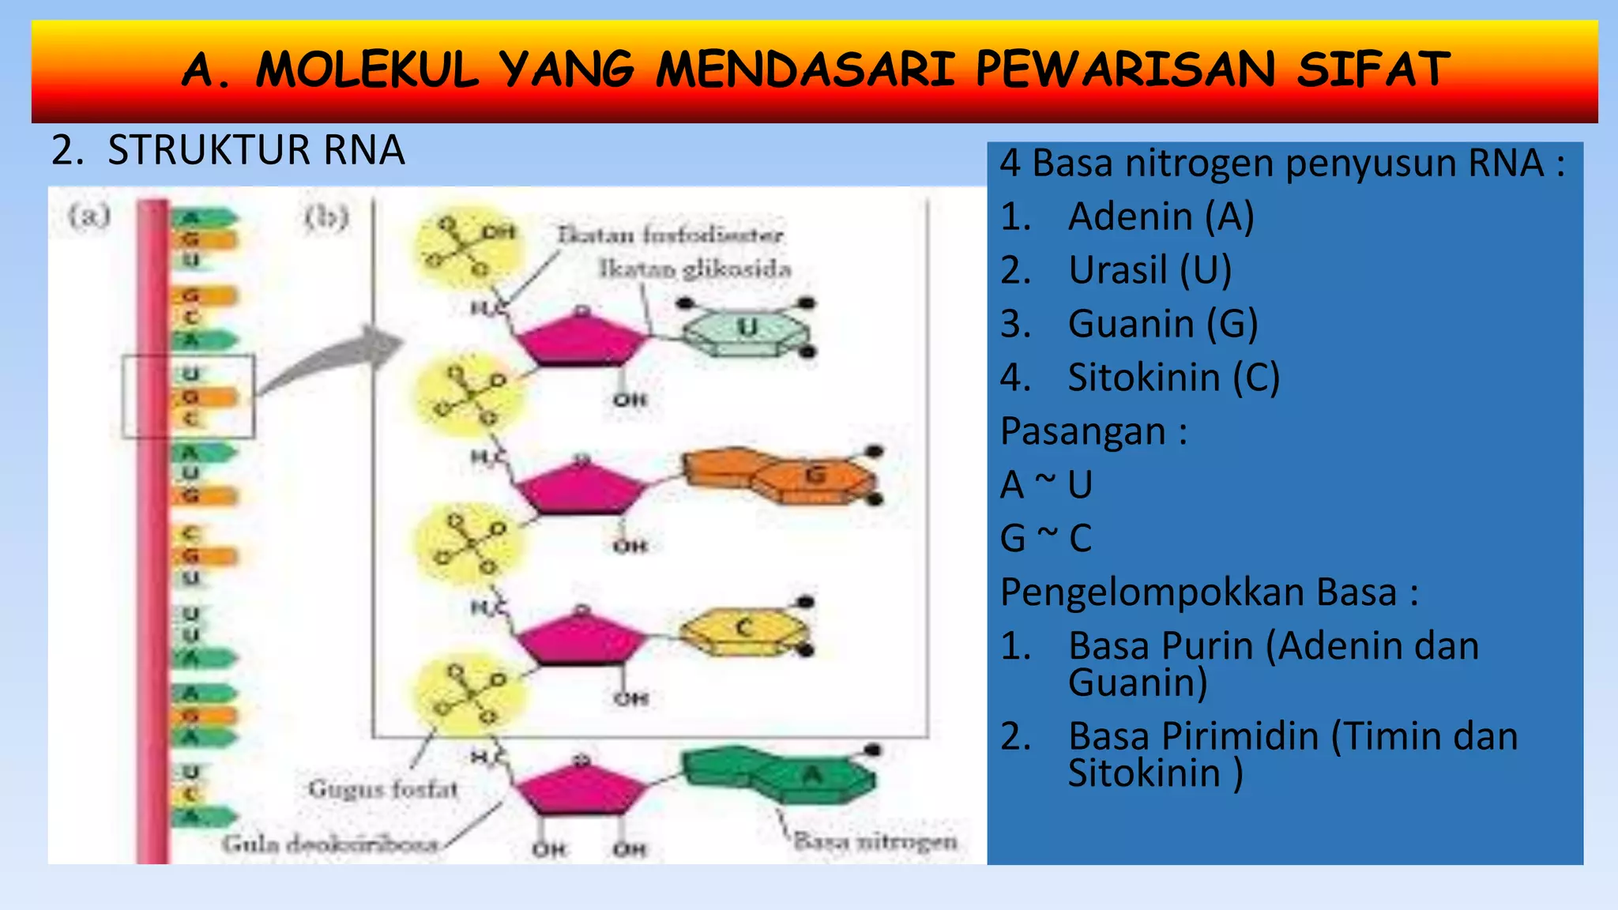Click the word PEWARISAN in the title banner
pos(1125,70)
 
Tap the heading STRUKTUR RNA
pos(256,150)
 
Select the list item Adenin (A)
pos(1161,216)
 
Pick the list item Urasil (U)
pos(1150,270)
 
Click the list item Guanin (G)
pos(1162,324)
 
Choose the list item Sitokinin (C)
pos(1173,378)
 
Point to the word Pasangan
pos(1083,431)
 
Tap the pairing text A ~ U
pos(1046,484)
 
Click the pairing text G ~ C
pos(1046,538)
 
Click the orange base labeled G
pos(782,475)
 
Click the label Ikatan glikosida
pos(694,269)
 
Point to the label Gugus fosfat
pos(383,788)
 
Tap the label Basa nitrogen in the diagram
pos(875,840)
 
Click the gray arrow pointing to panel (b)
pos(332,359)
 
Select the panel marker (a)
pos(88,216)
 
